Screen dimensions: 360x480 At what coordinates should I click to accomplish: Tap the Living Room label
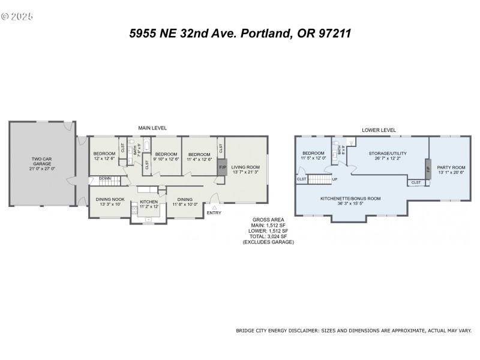pyautogui.click(x=245, y=167)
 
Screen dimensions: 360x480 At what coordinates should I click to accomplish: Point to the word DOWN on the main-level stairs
pyautogui.click(x=104, y=178)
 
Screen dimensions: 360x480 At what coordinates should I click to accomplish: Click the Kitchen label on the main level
pyautogui.click(x=148, y=202)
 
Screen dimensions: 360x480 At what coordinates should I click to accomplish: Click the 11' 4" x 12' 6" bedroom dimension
pyautogui.click(x=199, y=159)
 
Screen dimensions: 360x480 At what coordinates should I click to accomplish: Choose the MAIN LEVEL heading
pyautogui.click(x=152, y=128)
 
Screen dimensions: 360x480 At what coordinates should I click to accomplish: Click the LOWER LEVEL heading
pyautogui.click(x=379, y=130)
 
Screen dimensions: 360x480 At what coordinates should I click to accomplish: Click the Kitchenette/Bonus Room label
pyautogui.click(x=351, y=197)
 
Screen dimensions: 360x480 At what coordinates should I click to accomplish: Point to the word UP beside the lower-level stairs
pyautogui.click(x=335, y=179)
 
